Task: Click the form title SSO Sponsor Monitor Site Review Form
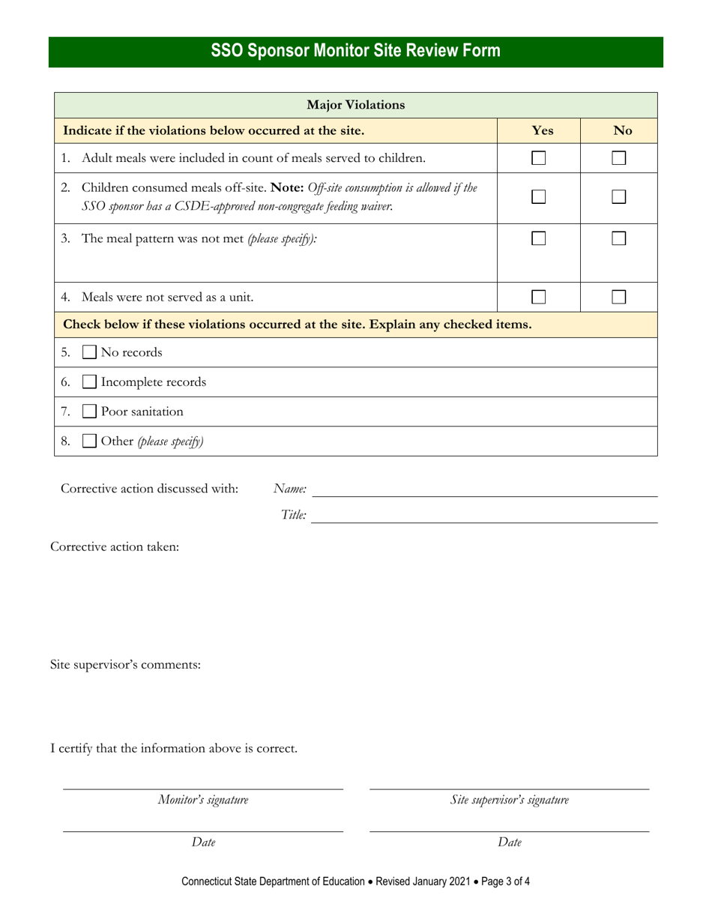[356, 52]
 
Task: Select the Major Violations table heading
[356, 105]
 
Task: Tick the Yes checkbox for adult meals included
[539, 158]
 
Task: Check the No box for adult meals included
[618, 158]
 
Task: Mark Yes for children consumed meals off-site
[539, 197]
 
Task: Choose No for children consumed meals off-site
[618, 197]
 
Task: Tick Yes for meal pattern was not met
[539, 239]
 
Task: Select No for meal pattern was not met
[618, 239]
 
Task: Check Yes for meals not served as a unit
[539, 297]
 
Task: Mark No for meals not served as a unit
[618, 297]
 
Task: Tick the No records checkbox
[88, 352]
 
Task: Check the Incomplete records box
[88, 382]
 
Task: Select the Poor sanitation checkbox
[88, 412]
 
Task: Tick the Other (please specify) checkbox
[88, 442]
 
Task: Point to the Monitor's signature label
[202, 800]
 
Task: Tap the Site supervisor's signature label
[509, 800]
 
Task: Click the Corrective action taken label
[115, 546]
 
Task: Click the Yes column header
[542, 130]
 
